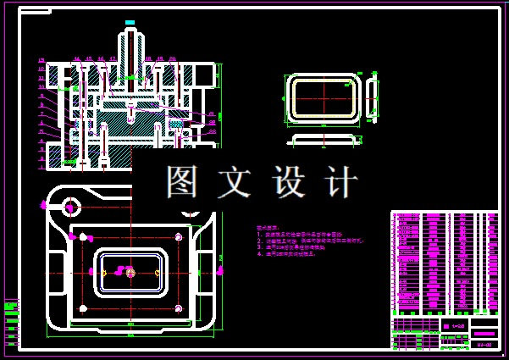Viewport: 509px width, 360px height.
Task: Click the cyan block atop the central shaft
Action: [x=130, y=22]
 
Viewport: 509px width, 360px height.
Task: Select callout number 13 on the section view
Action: [x=41, y=60]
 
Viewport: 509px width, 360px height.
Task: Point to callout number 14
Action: [x=76, y=59]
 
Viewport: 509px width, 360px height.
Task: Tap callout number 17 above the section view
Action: [x=113, y=59]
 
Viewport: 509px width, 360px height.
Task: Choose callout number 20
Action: [x=173, y=59]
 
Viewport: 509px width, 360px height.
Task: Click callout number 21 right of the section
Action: [x=213, y=114]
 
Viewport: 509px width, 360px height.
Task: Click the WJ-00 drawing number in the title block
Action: [x=484, y=345]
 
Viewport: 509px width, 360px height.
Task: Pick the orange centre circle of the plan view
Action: [x=130, y=273]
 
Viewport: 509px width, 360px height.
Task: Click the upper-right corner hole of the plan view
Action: [x=178, y=236]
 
